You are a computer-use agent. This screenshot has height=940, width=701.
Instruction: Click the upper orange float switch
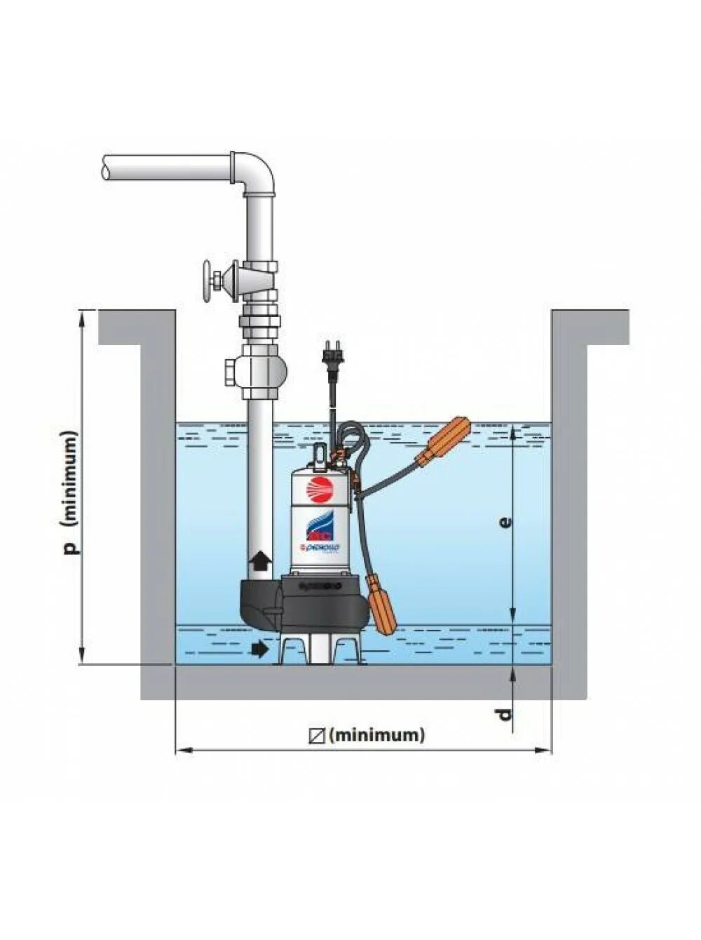point(445,440)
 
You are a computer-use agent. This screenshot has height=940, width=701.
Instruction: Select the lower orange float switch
point(382,602)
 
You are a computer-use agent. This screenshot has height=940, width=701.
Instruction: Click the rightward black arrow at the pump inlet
point(259,650)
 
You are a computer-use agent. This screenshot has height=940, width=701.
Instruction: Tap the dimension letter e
point(505,522)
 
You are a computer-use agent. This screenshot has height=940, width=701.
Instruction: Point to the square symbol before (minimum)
point(317,735)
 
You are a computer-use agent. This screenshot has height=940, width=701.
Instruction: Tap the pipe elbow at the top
point(255,173)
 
